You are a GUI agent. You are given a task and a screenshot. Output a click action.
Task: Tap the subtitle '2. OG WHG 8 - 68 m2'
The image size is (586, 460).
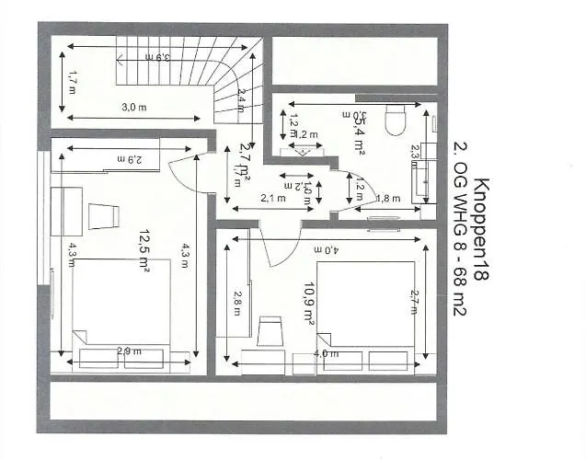(x=463, y=230)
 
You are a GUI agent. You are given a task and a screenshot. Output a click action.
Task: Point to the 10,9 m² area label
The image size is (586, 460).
(x=309, y=304)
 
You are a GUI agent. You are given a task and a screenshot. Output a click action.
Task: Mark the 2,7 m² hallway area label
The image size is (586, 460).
(x=245, y=162)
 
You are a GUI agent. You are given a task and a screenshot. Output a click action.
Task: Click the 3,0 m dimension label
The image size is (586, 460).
(x=134, y=108)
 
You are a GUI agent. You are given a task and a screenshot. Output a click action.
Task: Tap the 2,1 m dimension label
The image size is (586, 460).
(x=272, y=198)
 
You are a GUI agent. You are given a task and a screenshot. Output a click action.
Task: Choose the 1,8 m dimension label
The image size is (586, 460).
(x=388, y=198)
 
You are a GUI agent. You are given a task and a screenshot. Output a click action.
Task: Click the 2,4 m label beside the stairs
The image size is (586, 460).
(x=241, y=99)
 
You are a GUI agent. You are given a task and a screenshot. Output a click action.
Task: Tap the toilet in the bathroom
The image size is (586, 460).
(x=396, y=120)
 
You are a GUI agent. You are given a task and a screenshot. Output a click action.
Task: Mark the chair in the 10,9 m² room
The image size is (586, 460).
(x=271, y=331)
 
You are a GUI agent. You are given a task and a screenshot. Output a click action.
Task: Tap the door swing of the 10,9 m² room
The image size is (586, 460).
(x=263, y=244)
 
